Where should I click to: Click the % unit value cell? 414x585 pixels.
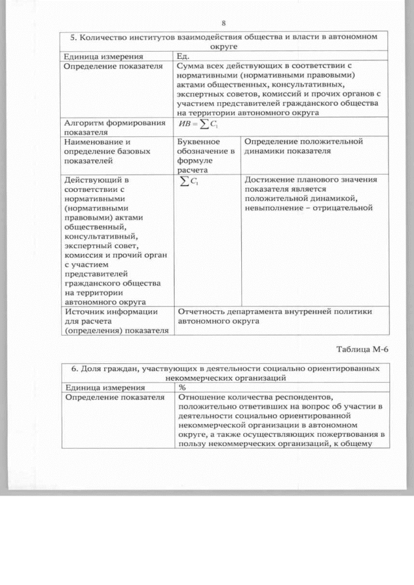(182, 387)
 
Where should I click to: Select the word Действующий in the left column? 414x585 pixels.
(92, 180)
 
